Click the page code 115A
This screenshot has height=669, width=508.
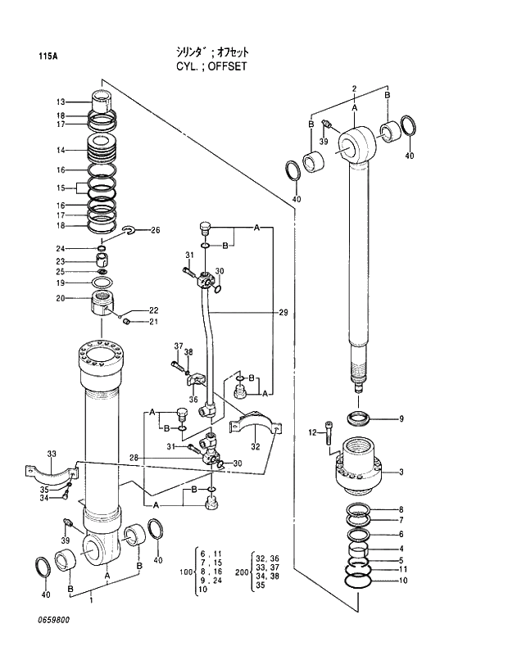48,57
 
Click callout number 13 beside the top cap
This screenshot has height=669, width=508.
61,102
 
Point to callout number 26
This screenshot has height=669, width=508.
155,230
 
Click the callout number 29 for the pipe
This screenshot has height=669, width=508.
283,313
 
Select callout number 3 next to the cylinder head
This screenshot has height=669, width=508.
401,472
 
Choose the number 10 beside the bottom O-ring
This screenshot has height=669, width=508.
401,581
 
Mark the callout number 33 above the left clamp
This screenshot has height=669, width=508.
52,454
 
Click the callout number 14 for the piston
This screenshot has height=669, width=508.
61,151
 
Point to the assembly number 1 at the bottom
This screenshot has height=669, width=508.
90,601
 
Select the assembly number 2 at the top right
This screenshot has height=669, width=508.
354,88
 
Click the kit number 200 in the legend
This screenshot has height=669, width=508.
242,572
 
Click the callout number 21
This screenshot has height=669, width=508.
153,323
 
